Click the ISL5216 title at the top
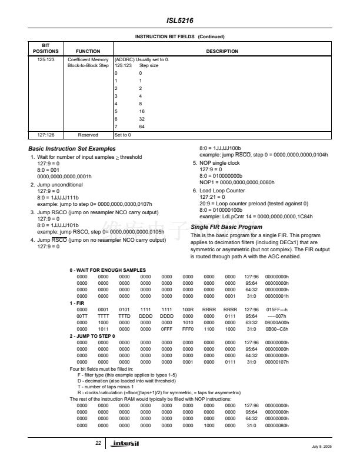pos(180,19)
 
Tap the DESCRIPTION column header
pos(222,52)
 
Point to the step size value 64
pos(142,126)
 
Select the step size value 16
pos(142,111)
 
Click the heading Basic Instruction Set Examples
pos(72,148)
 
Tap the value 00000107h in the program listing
pos(276,362)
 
